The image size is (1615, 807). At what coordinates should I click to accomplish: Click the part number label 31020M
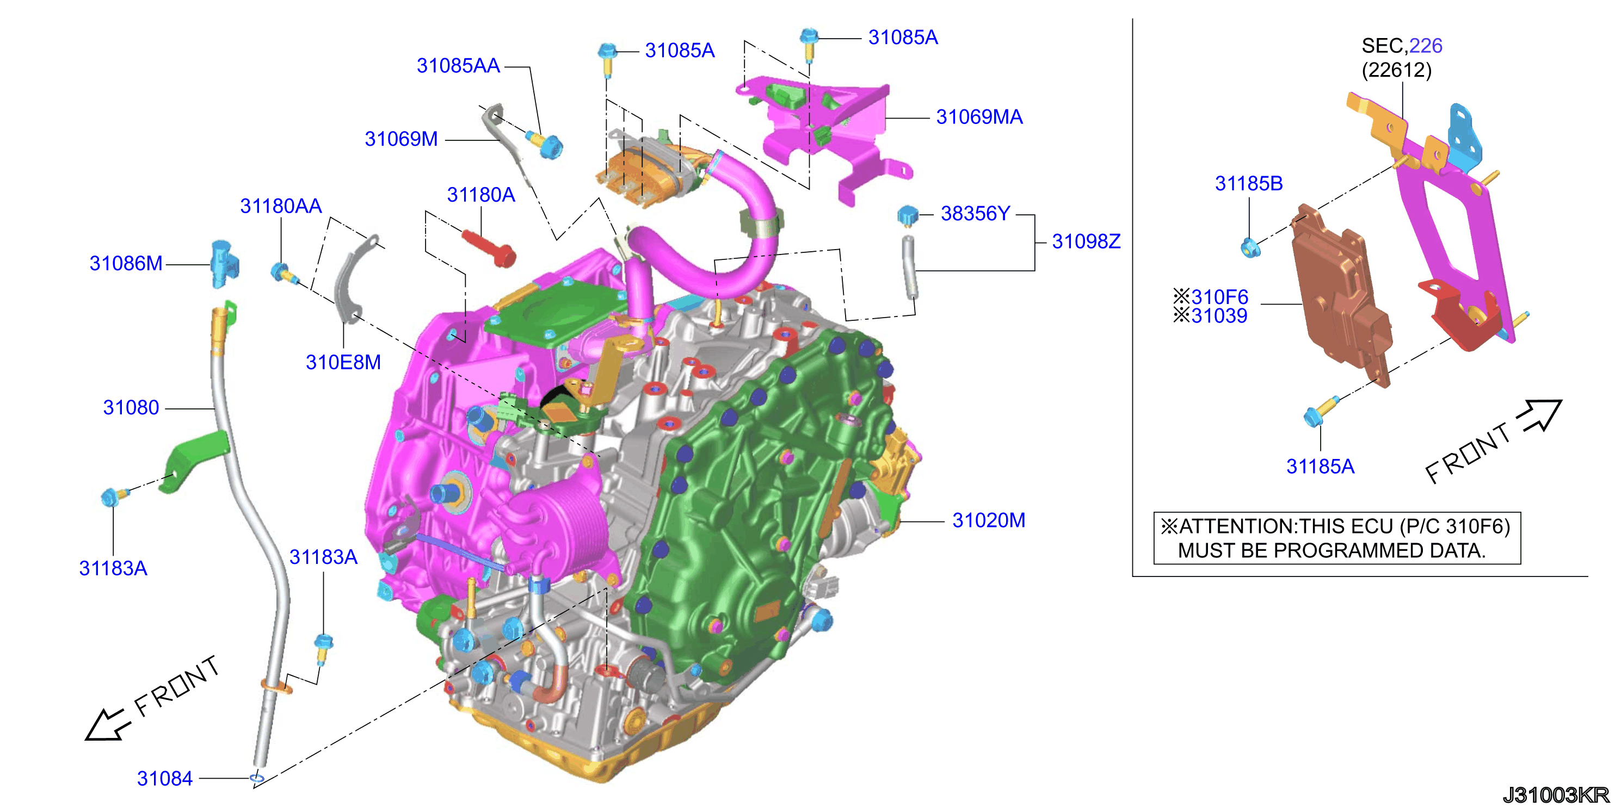(x=989, y=520)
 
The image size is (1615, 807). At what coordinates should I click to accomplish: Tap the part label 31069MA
(x=979, y=116)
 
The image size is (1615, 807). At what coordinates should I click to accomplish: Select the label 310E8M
(x=343, y=362)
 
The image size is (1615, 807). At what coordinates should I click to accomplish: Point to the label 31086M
(x=126, y=263)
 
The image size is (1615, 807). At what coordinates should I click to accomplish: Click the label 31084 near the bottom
(x=165, y=778)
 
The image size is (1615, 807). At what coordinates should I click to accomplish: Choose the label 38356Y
(x=976, y=214)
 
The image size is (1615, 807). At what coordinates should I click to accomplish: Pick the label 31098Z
(x=1086, y=241)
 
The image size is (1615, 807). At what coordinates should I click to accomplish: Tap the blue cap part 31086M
(x=223, y=263)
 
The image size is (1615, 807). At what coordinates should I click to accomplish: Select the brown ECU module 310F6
(x=1342, y=295)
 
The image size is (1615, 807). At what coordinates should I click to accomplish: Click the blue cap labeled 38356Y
(x=907, y=215)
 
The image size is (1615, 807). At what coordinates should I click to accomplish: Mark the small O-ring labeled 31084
(x=257, y=778)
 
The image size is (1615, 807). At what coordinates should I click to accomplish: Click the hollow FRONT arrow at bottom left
(x=108, y=725)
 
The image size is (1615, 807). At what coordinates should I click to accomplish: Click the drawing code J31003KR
(x=1556, y=794)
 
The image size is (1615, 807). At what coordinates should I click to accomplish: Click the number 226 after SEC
(x=1426, y=46)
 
